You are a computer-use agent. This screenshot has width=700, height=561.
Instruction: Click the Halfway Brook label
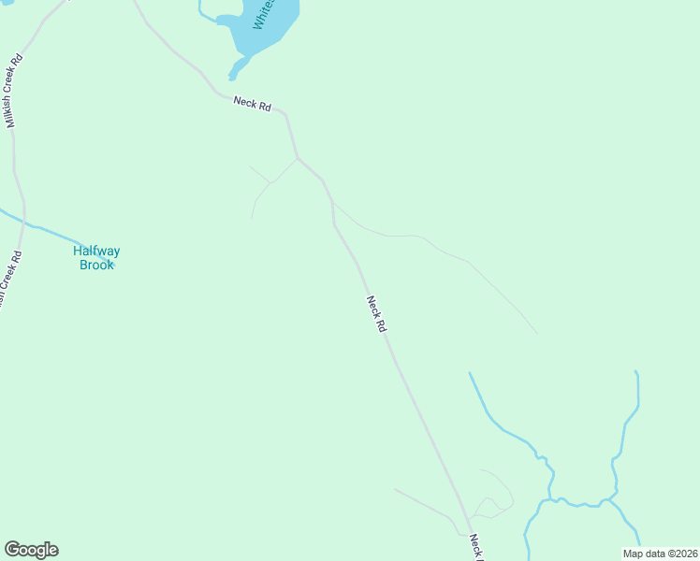click(x=96, y=257)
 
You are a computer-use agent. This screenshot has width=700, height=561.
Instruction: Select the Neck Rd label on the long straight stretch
click(x=375, y=314)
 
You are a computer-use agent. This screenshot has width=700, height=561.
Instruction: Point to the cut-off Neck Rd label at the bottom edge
click(x=474, y=547)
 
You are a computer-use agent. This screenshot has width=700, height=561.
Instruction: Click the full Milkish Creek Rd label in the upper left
click(x=13, y=91)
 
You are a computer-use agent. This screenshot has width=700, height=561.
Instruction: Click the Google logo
click(x=31, y=550)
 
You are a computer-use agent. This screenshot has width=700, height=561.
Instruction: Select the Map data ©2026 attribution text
click(x=660, y=554)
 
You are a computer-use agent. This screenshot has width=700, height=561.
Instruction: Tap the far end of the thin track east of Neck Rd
click(x=537, y=333)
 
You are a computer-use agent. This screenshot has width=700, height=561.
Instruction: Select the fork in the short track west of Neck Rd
click(x=270, y=182)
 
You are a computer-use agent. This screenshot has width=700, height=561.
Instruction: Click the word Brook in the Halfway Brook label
click(x=96, y=265)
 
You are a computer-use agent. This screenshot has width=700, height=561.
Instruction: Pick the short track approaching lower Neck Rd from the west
click(x=426, y=505)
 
